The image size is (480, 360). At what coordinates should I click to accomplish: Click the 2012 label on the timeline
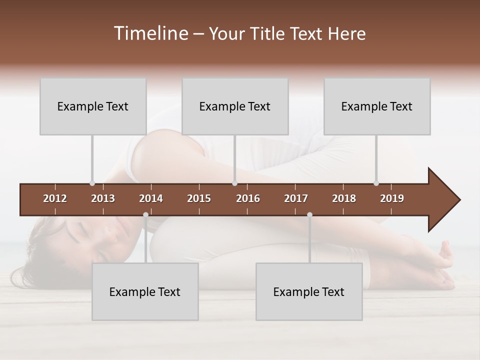click(x=55, y=198)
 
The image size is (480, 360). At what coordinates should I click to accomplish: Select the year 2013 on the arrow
click(x=103, y=198)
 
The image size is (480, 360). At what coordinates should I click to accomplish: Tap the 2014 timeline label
click(x=151, y=198)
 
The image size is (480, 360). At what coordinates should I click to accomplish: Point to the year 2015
click(x=199, y=198)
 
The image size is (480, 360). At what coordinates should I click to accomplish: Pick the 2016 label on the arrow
click(x=248, y=198)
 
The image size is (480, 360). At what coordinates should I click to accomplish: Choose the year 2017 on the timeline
click(x=296, y=198)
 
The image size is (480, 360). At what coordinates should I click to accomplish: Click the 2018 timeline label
click(x=344, y=198)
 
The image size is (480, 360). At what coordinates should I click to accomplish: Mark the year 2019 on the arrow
click(x=392, y=198)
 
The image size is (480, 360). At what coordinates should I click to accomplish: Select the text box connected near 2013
click(x=93, y=106)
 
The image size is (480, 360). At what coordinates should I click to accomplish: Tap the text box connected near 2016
click(x=235, y=106)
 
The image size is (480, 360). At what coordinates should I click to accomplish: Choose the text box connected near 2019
click(x=377, y=106)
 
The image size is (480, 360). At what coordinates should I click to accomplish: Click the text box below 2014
click(x=145, y=292)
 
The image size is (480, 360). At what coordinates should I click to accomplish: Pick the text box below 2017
click(x=309, y=292)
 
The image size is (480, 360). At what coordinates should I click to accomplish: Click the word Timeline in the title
click(x=150, y=33)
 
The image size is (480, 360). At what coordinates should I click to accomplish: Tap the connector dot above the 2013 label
click(x=92, y=183)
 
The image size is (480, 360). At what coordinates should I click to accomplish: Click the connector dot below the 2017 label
click(x=309, y=214)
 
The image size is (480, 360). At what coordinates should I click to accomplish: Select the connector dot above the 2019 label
click(x=376, y=183)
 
